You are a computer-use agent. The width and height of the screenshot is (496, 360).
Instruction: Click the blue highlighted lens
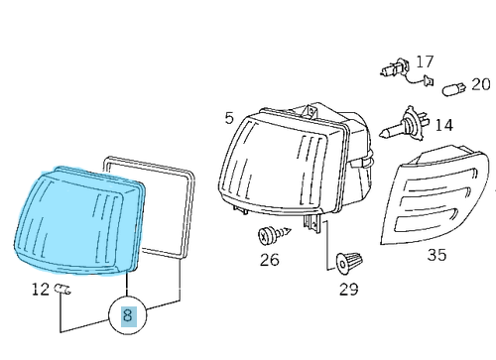pyautogui.click(x=79, y=220)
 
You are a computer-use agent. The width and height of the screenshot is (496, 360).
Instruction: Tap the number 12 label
pyautogui.click(x=41, y=290)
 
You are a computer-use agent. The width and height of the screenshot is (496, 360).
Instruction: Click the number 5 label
pyautogui.click(x=229, y=119)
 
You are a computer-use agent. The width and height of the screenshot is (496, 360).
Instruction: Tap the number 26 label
pyautogui.click(x=269, y=261)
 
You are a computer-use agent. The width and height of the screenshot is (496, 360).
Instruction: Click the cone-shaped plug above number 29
pyautogui.click(x=348, y=262)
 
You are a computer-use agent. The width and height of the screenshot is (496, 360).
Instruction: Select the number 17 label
pyautogui.click(x=425, y=61)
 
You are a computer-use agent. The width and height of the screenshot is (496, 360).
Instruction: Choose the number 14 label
pyautogui.click(x=442, y=126)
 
